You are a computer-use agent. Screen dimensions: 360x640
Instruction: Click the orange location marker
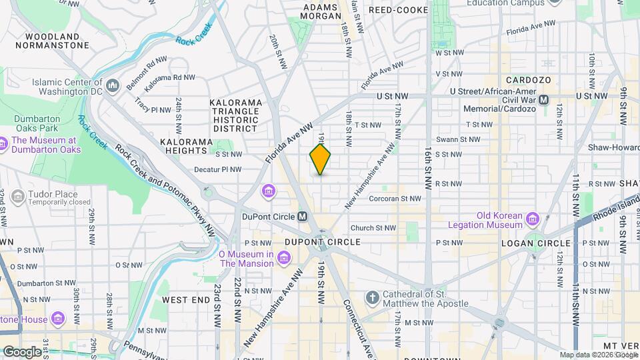[320, 159]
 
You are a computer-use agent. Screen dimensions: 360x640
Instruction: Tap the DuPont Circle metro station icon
[302, 217]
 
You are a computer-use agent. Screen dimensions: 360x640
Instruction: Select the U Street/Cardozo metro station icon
[543, 99]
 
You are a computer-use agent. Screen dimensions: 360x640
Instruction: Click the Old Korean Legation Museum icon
[532, 219]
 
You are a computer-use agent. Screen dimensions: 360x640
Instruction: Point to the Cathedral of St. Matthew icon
[372, 297]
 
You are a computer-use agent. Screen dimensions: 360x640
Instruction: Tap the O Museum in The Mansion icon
[284, 257]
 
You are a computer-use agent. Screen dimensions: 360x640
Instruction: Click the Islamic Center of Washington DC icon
[112, 86]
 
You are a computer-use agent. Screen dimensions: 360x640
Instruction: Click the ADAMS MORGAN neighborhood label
[323, 12]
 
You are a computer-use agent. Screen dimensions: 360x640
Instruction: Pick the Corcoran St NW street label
[395, 198]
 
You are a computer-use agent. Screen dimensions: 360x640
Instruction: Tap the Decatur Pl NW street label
[217, 169]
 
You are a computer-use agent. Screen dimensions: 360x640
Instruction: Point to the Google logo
[22, 351]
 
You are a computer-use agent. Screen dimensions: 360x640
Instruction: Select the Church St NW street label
[373, 227]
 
